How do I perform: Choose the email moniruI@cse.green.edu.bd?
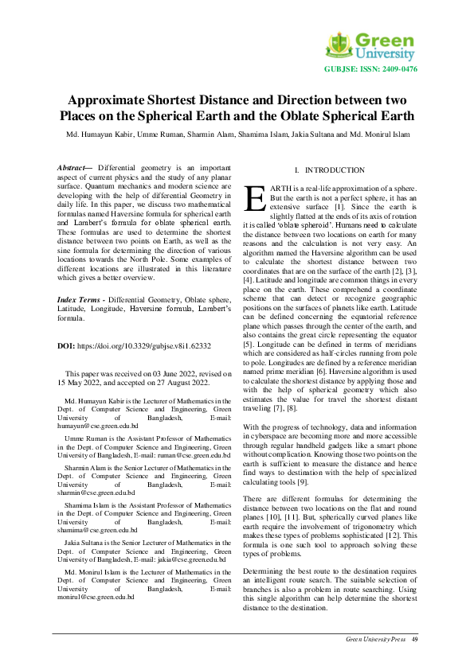click(x=93, y=596)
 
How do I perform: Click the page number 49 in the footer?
click(x=415, y=639)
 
